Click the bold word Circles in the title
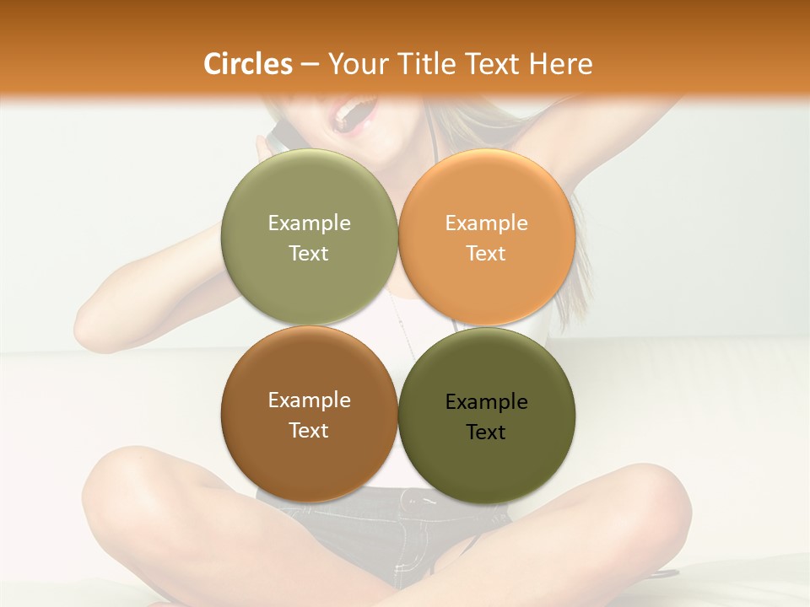coord(247,64)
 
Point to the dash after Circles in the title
coord(310,65)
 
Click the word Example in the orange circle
coord(487,223)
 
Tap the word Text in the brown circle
coord(309,430)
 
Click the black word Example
coord(487,402)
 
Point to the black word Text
coord(486,432)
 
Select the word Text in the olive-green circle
coord(309,253)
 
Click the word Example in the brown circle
coord(309,400)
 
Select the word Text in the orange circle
coord(486,253)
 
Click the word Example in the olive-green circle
coord(309,223)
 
